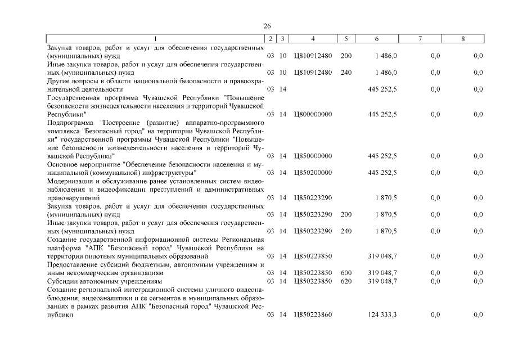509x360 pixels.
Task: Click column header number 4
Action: click(313, 38)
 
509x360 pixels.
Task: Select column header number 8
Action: click(462, 38)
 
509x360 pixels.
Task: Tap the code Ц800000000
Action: click(313, 114)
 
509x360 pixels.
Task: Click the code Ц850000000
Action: click(313, 156)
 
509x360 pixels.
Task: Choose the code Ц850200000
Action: click(313, 173)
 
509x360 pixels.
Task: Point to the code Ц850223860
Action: click(313, 315)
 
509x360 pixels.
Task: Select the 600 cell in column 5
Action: click(346, 273)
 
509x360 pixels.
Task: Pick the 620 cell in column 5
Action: click(346, 281)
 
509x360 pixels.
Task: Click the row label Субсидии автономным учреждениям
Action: click(105, 281)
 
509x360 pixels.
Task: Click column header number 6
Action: click(376, 38)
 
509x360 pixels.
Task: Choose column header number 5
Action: click(346, 38)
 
